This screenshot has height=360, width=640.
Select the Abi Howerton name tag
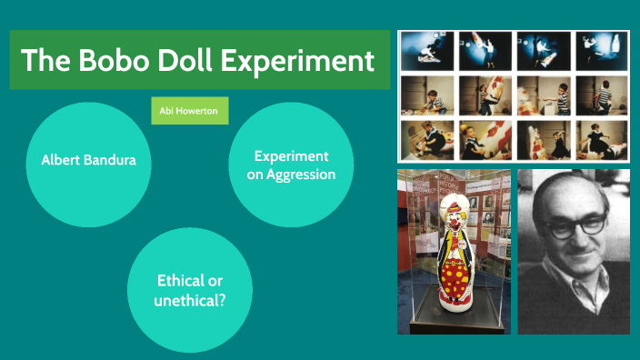[190, 110]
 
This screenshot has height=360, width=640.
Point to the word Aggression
[291, 174]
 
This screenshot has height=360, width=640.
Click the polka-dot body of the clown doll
[454, 273]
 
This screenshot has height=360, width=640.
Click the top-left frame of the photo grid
[427, 52]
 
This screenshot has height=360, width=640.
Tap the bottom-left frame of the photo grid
[427, 140]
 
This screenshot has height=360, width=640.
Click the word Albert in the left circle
[61, 160]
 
